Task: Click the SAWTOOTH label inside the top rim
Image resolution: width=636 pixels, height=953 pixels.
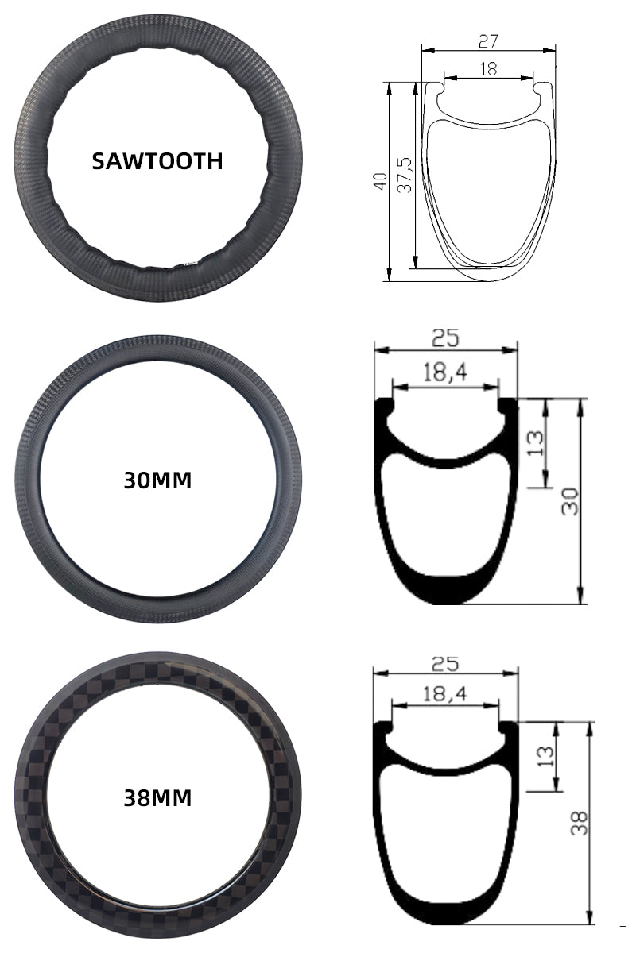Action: (157, 162)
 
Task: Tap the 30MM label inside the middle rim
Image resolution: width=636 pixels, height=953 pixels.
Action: (157, 480)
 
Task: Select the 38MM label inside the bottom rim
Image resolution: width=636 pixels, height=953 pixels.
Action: (157, 799)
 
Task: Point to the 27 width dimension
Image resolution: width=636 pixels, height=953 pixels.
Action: (488, 41)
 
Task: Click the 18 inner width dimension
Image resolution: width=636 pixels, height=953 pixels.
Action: (488, 69)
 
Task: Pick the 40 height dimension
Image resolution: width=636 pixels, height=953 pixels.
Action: (380, 181)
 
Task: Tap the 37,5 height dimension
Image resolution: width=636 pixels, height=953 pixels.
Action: (405, 175)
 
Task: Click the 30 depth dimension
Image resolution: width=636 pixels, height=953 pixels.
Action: (570, 502)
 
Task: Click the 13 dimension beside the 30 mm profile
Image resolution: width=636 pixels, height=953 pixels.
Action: (536, 443)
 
